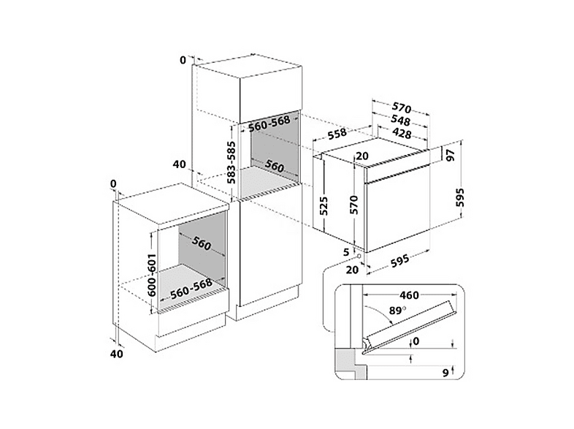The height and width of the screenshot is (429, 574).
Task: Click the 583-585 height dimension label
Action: pos(231,162)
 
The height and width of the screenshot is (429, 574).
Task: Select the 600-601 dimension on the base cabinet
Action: pos(152,275)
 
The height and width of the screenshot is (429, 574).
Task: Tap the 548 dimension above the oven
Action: pos(400,120)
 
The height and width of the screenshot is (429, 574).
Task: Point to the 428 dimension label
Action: pos(402,133)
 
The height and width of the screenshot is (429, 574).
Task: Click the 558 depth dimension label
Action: pos(337,133)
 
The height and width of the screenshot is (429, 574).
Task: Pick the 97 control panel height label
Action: pos(451,156)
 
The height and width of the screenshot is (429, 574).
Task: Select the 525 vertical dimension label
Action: pos(323,206)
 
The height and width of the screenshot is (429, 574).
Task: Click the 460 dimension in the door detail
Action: pos(409,295)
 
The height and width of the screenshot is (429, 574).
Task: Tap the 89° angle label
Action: pos(397,311)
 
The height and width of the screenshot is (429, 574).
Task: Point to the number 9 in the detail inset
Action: pos(445,373)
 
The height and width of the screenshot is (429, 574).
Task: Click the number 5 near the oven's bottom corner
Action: pos(346,251)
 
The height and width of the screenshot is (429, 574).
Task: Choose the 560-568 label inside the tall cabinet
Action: pos(269,123)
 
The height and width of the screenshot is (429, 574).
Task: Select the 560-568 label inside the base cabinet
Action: pos(191,289)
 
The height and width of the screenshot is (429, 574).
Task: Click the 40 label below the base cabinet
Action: pos(117,354)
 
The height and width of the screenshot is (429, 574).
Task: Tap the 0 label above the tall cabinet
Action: pos(183,60)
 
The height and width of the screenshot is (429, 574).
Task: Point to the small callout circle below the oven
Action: pos(360,256)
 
